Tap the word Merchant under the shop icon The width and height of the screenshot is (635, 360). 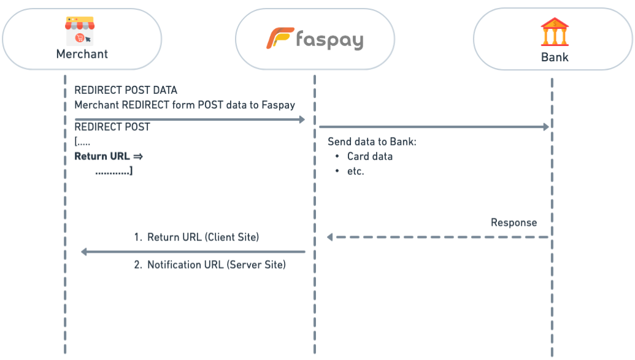pos(82,54)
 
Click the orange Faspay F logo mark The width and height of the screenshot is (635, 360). pos(279,39)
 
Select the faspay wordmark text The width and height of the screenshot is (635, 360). pos(329,40)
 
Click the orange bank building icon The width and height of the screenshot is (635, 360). pos(555,32)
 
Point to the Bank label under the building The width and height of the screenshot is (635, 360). pos(555,58)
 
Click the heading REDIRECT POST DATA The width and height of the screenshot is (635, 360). pos(126,90)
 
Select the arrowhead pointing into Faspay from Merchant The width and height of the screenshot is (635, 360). pos(302,119)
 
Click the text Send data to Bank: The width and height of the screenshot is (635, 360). pos(372,142)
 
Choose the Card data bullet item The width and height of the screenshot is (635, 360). pos(369,156)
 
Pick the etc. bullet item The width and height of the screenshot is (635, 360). pos(356,172)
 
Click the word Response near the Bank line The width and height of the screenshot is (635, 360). pos(514,222)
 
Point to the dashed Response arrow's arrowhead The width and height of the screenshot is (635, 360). pos(330,237)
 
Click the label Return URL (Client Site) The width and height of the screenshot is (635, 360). pos(203,237)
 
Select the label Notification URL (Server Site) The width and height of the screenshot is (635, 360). pos(217,266)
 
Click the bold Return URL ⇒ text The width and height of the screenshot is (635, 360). pos(109,156)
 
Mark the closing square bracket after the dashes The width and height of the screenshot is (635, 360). pos(131,171)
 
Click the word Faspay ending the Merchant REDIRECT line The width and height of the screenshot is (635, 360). pos(278,105)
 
